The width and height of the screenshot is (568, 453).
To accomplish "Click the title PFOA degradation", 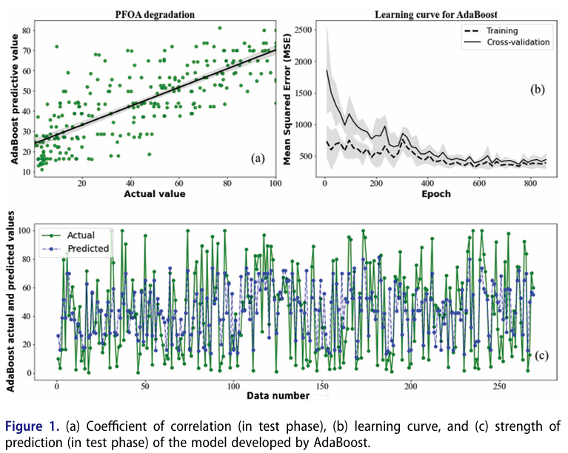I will [156, 13].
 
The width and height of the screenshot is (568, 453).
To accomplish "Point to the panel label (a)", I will [258, 158].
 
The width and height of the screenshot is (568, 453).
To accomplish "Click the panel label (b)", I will [538, 90].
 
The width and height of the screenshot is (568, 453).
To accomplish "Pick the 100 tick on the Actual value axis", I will [275, 184].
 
